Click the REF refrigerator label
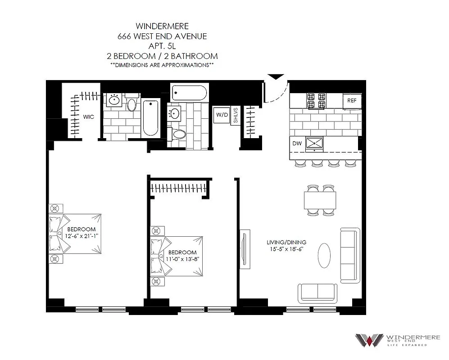pyautogui.click(x=352, y=101)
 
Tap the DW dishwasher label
pyautogui.click(x=296, y=144)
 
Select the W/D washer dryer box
pyautogui.click(x=222, y=115)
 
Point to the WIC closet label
pyautogui.click(x=88, y=117)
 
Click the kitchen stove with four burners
pyautogui.click(x=316, y=101)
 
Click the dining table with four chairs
pyautogui.click(x=320, y=198)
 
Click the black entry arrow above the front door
pyautogui.click(x=274, y=77)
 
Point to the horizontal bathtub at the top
pyautogui.click(x=189, y=94)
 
